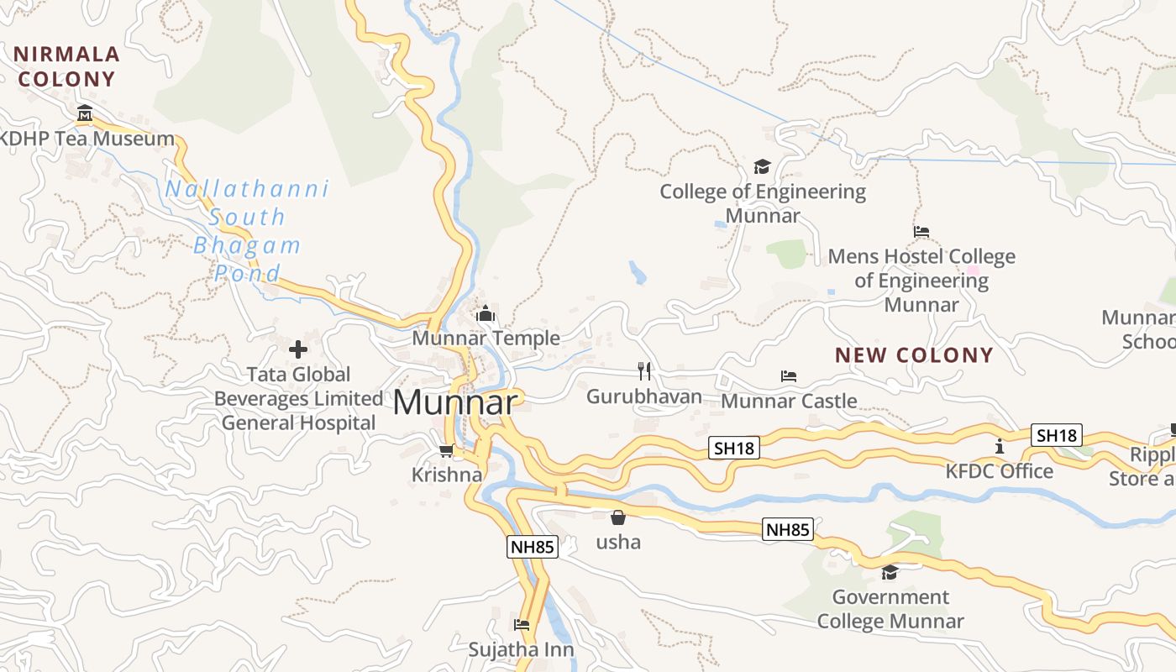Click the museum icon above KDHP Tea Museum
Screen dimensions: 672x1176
point(85,113)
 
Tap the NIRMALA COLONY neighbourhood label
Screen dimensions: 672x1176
point(67,67)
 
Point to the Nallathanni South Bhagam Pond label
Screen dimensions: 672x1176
point(247,231)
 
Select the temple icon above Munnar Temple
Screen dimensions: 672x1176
point(486,314)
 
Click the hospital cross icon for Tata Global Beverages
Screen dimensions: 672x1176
point(298,349)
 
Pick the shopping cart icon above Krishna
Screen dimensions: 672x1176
point(446,451)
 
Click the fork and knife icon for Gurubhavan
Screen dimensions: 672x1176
point(644,370)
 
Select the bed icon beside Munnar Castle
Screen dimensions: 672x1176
point(789,375)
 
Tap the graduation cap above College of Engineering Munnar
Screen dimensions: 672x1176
point(762,166)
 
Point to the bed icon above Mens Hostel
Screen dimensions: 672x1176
point(921,231)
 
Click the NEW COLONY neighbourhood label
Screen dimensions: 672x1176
point(914,354)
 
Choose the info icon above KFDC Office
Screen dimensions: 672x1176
point(999,446)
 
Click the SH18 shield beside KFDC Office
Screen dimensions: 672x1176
point(1056,435)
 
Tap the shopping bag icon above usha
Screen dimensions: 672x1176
point(618,517)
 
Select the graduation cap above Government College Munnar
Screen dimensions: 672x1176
point(890,573)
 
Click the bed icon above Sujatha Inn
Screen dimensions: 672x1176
point(522,625)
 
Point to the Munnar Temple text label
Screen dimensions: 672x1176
point(486,338)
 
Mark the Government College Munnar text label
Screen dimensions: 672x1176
point(890,610)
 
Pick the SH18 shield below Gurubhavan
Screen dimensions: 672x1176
point(734,448)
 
